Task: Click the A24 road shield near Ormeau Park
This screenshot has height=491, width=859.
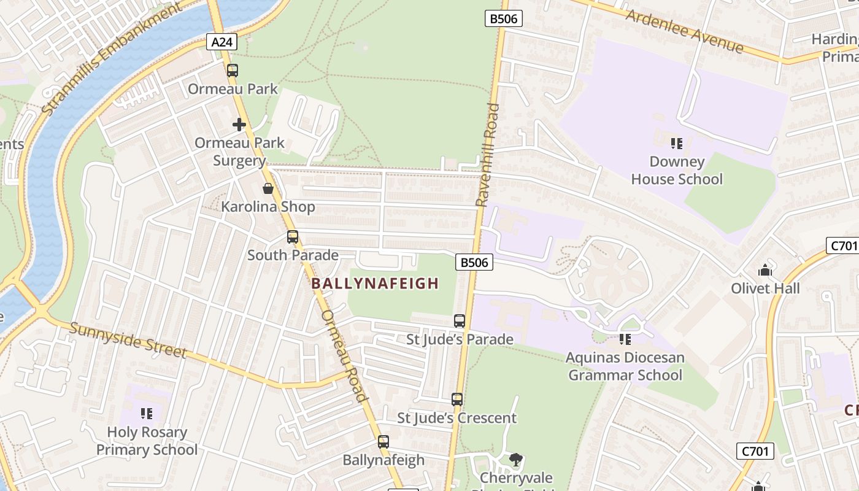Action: click(x=221, y=42)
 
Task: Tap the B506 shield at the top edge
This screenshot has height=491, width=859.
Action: click(x=504, y=18)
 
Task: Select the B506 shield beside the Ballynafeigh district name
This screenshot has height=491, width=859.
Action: click(x=474, y=263)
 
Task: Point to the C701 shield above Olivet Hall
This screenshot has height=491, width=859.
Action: click(x=842, y=246)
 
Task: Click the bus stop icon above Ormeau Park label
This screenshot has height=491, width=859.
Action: click(x=232, y=71)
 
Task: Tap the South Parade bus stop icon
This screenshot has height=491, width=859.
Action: click(x=293, y=237)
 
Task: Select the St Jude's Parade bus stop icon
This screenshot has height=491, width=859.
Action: click(x=460, y=321)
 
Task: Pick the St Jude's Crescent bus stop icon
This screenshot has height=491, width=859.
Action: click(x=457, y=400)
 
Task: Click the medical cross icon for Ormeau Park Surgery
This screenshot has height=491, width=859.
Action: click(x=239, y=125)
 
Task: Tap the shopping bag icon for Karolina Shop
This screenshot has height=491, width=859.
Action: click(x=268, y=188)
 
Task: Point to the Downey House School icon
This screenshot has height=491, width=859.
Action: click(x=677, y=144)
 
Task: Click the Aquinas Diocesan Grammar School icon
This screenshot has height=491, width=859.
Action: click(x=625, y=339)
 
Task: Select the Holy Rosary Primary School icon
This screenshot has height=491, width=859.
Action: click(x=147, y=414)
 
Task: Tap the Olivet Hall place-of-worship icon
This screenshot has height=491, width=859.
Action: click(x=765, y=270)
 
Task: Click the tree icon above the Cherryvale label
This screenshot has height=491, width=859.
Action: click(x=516, y=459)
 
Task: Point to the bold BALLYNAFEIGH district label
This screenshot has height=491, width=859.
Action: click(x=375, y=284)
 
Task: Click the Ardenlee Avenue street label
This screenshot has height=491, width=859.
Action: click(x=684, y=31)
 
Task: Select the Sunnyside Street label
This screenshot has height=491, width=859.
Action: click(x=128, y=339)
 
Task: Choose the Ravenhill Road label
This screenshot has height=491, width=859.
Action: click(x=488, y=155)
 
